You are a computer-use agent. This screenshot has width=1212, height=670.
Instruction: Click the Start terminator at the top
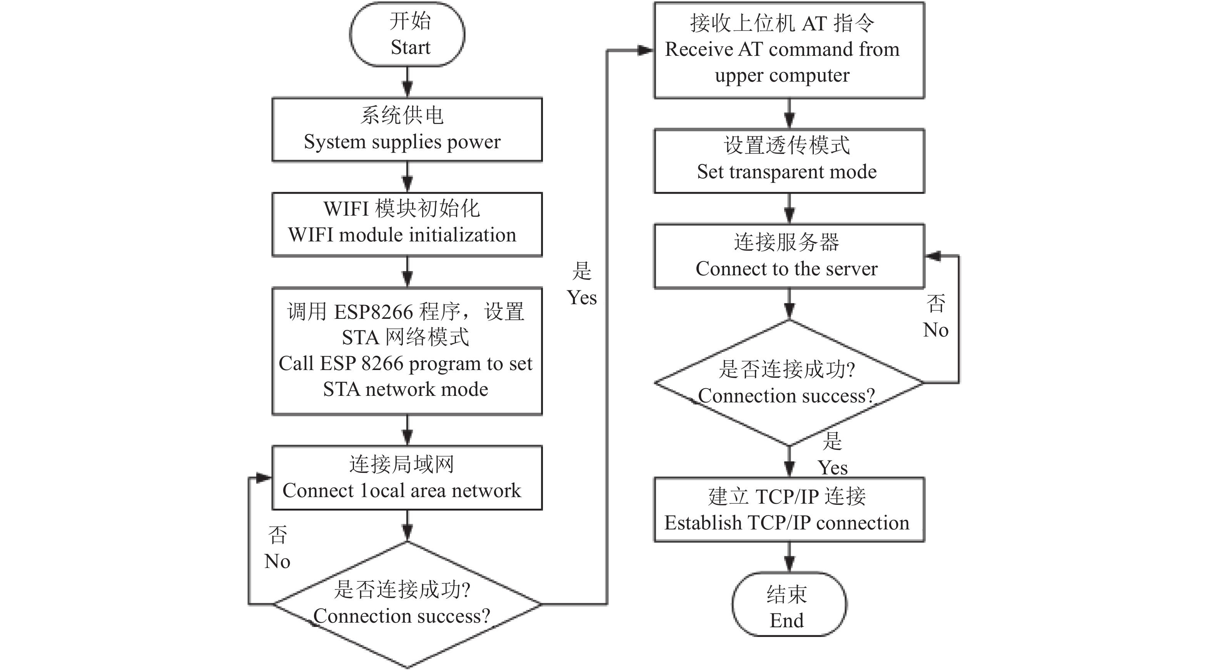(x=407, y=34)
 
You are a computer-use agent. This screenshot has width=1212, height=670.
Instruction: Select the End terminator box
(x=790, y=605)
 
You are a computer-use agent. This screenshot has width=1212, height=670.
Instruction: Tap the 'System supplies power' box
(x=407, y=130)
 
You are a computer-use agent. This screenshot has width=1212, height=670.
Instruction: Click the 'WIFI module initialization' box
(x=407, y=224)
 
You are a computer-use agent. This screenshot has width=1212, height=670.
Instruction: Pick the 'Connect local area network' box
(x=407, y=478)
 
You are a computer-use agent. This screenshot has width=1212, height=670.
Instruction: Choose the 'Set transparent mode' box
(x=790, y=161)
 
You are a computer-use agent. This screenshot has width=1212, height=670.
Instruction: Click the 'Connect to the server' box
(x=790, y=256)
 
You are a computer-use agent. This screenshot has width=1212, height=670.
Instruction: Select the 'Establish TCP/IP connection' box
(x=790, y=510)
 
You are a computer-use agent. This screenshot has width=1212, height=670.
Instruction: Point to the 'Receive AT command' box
(x=790, y=50)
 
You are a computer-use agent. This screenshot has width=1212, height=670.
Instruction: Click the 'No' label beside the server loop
(x=936, y=330)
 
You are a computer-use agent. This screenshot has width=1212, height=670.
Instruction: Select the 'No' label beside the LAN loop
(x=277, y=561)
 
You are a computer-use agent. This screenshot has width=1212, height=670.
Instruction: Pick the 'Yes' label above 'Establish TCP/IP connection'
(x=833, y=468)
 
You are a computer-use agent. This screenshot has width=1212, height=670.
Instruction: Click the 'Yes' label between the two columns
(x=582, y=298)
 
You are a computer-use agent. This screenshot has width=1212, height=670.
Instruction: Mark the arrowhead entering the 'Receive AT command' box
(x=646, y=50)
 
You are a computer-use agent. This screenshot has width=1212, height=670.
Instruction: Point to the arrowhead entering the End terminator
(x=790, y=564)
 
